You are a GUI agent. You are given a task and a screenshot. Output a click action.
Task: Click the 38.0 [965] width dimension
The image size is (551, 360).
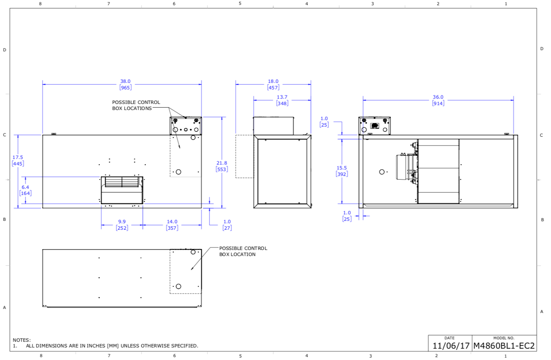point(125,85)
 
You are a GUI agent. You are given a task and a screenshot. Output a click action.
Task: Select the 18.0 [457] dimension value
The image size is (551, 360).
point(273,85)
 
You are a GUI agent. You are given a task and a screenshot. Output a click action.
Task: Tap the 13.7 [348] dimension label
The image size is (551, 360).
point(282,100)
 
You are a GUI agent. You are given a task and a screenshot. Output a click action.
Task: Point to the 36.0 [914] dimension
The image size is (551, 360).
point(438,100)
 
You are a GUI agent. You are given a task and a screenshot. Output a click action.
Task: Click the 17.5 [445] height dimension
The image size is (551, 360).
point(18,161)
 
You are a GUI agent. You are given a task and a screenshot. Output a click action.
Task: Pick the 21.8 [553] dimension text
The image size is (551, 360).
point(222,166)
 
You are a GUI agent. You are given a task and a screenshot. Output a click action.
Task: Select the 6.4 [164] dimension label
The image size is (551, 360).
point(25,190)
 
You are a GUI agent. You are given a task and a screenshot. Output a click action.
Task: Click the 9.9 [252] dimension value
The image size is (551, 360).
point(122,225)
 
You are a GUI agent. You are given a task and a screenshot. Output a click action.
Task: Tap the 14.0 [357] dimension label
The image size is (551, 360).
point(172,225)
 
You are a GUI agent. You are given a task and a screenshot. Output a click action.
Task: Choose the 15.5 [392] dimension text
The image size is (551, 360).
point(342,171)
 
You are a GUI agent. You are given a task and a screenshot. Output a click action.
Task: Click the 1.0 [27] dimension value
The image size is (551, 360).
point(227,225)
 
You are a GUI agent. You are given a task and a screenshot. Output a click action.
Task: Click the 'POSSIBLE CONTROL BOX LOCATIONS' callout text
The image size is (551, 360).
point(136,105)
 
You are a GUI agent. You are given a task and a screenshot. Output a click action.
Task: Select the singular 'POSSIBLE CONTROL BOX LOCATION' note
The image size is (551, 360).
point(243,251)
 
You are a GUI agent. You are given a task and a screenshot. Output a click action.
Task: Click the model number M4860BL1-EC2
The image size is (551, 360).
point(504,346)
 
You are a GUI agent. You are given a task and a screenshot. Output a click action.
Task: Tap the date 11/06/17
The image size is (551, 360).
point(451,346)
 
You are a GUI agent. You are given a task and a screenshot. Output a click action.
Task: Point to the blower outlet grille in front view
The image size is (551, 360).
point(122,182)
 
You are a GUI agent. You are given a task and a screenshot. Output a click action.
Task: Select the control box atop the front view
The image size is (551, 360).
point(186,126)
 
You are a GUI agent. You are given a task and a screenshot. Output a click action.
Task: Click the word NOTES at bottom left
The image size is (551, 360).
point(22,340)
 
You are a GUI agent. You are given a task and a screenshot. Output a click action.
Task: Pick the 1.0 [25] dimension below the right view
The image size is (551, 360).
point(347,216)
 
